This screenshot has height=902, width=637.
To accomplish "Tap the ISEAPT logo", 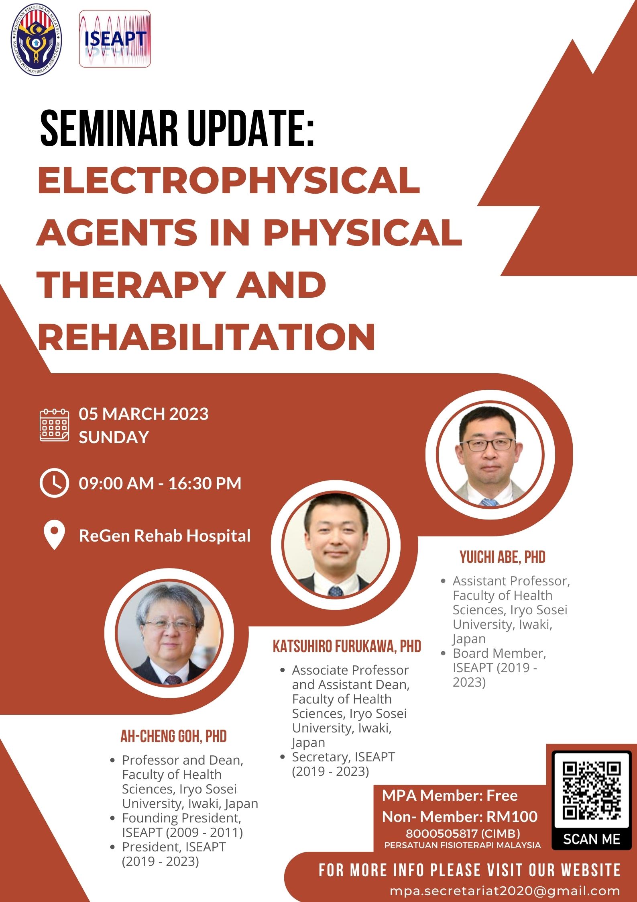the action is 115,39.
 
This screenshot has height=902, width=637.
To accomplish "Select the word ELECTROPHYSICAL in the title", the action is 229,180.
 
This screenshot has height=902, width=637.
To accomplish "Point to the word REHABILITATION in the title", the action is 206,337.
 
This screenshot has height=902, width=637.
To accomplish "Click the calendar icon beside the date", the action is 54,425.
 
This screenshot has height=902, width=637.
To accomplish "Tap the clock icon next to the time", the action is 54,483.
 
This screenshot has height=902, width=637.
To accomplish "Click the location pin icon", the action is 54,535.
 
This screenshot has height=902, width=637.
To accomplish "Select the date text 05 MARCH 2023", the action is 144,414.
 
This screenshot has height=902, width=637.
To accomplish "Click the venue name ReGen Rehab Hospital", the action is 165,536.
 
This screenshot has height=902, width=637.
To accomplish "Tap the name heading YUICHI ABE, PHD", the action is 503,557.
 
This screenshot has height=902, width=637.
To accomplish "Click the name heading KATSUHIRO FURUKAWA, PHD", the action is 347,646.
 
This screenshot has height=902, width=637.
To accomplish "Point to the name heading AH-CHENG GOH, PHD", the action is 174,736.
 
